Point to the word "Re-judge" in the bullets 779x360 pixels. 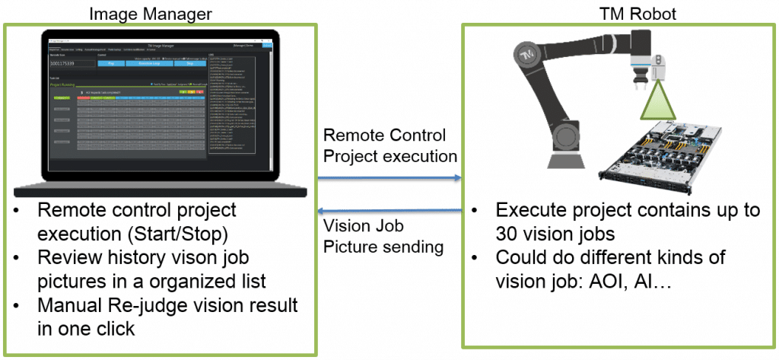[x=155, y=306]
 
